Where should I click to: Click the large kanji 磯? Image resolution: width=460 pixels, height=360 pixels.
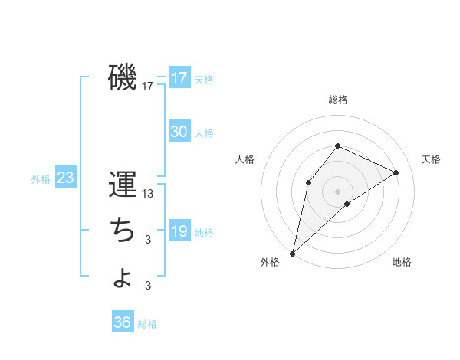tap(123, 77)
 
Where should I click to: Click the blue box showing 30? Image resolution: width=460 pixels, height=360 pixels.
tap(179, 132)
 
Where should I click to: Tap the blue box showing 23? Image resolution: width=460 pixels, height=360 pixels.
tap(66, 178)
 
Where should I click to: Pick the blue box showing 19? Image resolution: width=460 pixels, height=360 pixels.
tap(179, 231)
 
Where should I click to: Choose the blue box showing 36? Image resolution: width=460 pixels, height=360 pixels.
tap(123, 322)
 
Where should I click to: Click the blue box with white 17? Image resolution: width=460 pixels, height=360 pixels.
tap(179, 78)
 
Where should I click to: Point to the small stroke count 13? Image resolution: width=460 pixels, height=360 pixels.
tap(148, 194)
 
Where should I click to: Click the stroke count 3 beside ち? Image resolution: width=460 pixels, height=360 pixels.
tap(148, 240)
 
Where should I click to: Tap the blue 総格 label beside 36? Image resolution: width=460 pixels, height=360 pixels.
tap(147, 324)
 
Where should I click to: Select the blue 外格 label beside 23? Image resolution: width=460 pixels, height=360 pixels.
tap(41, 179)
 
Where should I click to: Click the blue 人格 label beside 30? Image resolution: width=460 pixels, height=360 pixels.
tap(204, 133)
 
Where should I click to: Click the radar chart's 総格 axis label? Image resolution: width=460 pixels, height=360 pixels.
tap(337, 100)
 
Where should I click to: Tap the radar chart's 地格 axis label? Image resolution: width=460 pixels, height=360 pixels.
tap(402, 263)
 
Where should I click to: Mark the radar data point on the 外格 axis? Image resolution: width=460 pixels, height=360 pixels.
tap(292, 253)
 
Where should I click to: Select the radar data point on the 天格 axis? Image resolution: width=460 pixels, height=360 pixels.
tap(396, 172)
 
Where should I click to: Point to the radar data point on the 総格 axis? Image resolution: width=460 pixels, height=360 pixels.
tap(337, 146)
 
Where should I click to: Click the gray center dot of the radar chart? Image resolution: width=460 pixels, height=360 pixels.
tap(337, 191)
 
